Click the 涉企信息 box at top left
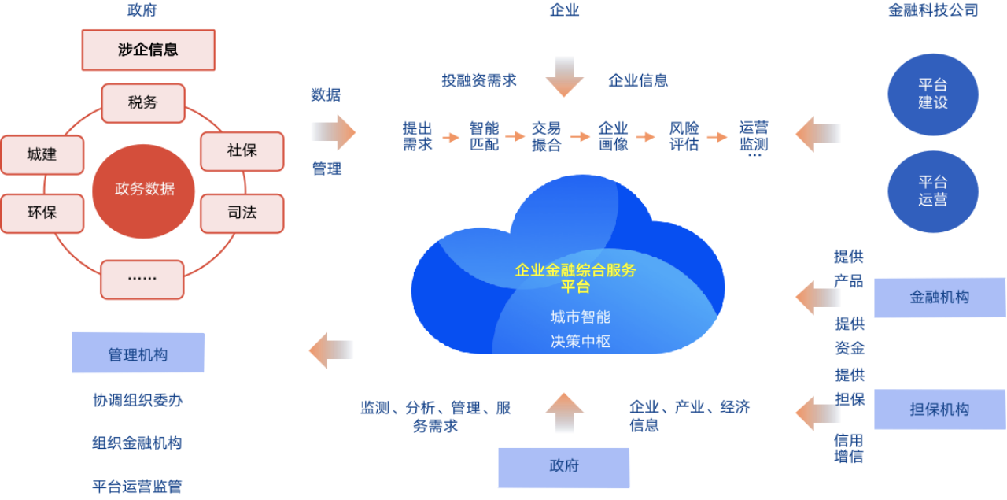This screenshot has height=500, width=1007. coord(149,50)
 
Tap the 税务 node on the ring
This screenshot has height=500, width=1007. coord(143,103)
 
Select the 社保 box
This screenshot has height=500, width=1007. coord(242,150)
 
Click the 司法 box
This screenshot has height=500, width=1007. coord(242,213)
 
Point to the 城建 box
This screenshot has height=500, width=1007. coord(42,154)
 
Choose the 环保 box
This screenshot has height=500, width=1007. coord(42,213)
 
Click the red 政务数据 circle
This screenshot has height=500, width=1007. coord(144,189)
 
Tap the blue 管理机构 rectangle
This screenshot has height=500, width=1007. coord(138,354)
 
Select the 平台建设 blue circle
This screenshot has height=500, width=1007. coord(932,94)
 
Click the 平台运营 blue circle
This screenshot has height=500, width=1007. coord(932,191)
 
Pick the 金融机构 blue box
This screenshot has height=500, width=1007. coord(939,298)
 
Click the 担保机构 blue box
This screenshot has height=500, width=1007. coord(939,409)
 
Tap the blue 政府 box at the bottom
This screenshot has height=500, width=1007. coord(564,467)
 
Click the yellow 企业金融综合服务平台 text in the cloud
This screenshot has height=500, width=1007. coord(575,278)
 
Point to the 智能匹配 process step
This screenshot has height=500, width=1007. coord(484,136)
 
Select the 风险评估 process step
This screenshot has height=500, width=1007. coord(684,136)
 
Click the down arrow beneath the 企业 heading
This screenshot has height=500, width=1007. coord(565,76)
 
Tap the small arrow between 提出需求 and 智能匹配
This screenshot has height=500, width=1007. coord(451,137)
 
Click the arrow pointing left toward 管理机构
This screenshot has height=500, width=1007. coord(330,350)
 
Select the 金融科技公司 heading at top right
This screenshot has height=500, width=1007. coord(933,11)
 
